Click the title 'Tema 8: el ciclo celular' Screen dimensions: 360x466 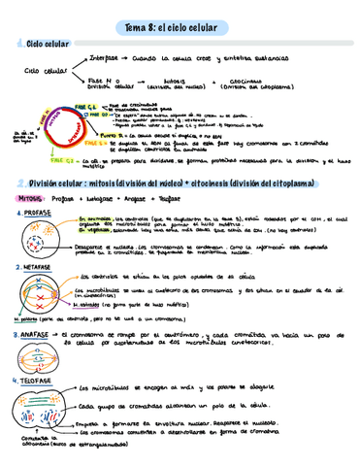(179, 26)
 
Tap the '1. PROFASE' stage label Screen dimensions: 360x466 (35, 210)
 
